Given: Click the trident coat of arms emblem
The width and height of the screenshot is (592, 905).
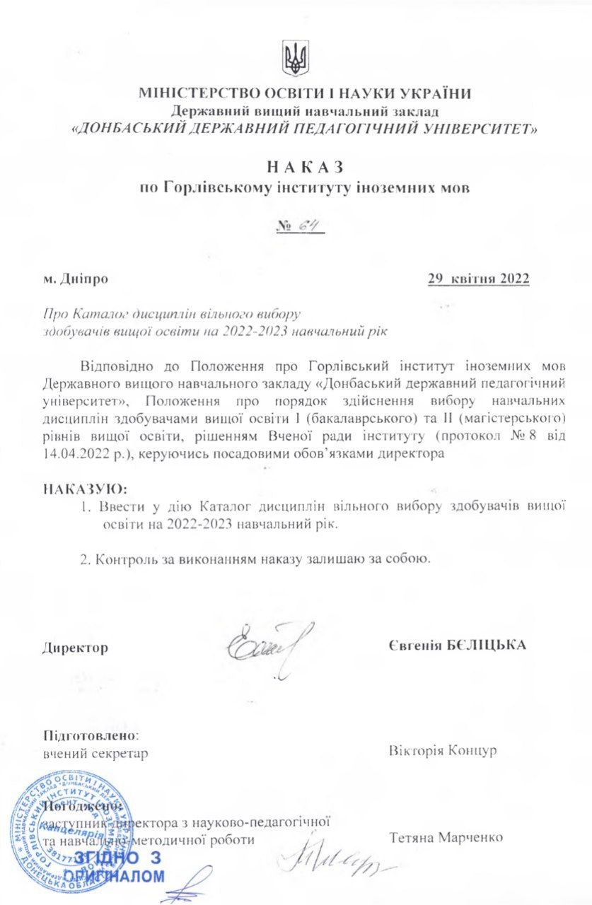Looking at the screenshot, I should click(x=296, y=59).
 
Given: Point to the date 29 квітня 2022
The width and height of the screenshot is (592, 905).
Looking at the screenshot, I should click(x=478, y=279).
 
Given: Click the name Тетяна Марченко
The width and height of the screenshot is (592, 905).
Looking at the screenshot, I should click(x=446, y=838).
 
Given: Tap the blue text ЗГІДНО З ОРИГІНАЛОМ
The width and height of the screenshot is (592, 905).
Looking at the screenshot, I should click(x=117, y=867).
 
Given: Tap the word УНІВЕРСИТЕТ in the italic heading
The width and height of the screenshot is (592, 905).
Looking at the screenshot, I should click(x=472, y=129).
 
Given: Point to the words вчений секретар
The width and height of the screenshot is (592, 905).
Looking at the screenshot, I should click(x=95, y=753).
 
